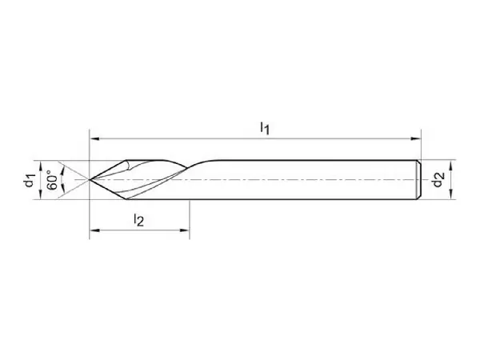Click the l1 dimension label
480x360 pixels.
coord(265,128)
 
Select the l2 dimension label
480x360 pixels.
coord(138,220)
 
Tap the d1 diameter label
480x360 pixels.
coord(30,180)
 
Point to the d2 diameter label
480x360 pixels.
coord(438,179)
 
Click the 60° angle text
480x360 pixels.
coord(52,182)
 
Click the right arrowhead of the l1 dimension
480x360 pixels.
coord(416,138)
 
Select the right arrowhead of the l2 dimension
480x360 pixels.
coord(184,230)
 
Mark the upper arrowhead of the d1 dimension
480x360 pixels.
coord(41,166)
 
